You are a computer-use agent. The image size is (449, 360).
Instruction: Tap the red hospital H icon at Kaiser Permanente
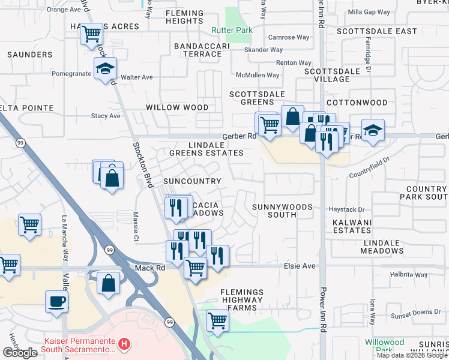pos(124,344)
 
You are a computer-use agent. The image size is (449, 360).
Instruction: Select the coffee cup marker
pos(56,301)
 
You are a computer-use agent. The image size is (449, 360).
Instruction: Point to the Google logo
pos(20,353)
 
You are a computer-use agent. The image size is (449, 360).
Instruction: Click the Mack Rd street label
pos(151,268)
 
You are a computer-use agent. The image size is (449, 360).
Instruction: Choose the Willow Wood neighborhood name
pos(177,107)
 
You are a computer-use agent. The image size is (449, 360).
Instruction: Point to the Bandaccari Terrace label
pos(197,50)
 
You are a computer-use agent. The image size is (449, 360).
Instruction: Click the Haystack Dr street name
pos(347,209)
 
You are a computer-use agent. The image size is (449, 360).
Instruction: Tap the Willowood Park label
pos(385,345)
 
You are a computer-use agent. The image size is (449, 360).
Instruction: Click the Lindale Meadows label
pos(382,246)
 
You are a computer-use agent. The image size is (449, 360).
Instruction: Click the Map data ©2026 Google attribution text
pos(411,355)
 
